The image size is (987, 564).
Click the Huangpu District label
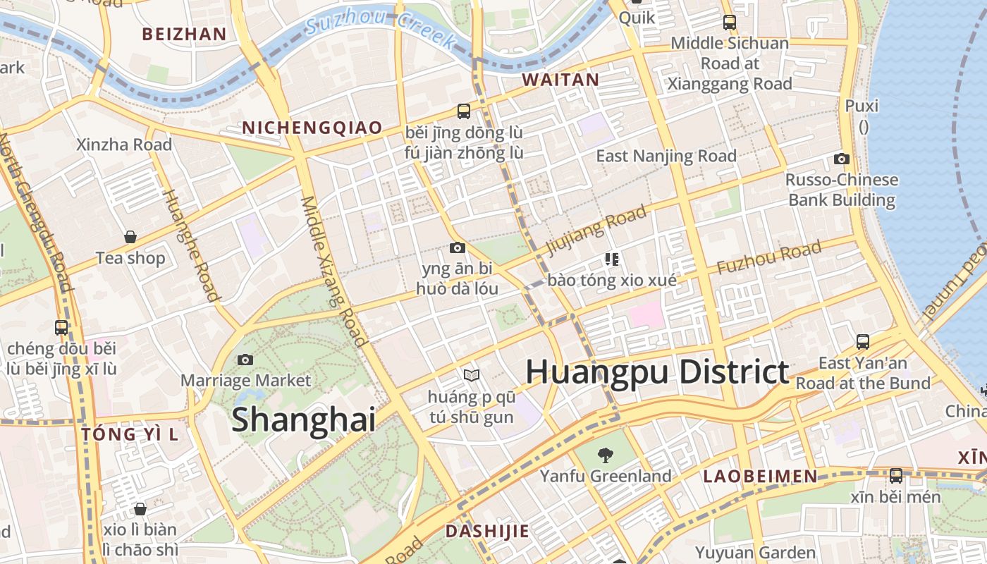click(657, 372)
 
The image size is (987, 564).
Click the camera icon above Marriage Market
click(245, 360)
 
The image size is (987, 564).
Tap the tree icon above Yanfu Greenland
click(605, 455)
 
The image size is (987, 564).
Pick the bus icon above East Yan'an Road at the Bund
click(862, 342)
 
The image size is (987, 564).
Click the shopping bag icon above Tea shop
click(130, 236)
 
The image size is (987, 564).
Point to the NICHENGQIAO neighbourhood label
click(312, 128)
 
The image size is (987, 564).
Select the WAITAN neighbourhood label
click(560, 80)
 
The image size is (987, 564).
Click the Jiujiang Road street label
click(596, 228)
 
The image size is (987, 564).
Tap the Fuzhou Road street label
click(768, 257)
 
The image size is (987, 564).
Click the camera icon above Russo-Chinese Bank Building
click(841, 159)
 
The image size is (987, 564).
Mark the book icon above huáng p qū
click(471, 375)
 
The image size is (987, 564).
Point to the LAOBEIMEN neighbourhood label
click(760, 477)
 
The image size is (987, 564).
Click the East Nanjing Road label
click(666, 156)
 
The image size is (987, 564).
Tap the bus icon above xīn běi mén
click(895, 476)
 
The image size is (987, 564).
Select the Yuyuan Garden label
click(756, 552)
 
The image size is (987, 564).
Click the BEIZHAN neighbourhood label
click(184, 34)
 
